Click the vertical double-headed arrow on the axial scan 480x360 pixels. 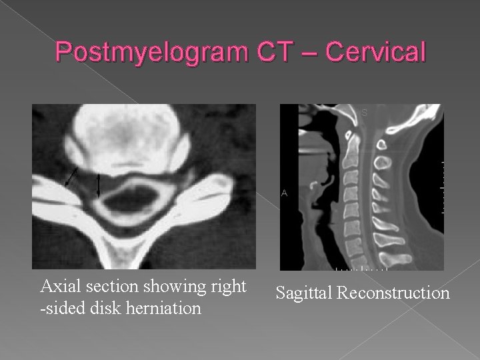[x=99, y=185]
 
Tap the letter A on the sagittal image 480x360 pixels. [x=285, y=193]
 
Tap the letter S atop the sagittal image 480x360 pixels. [x=365, y=113]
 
